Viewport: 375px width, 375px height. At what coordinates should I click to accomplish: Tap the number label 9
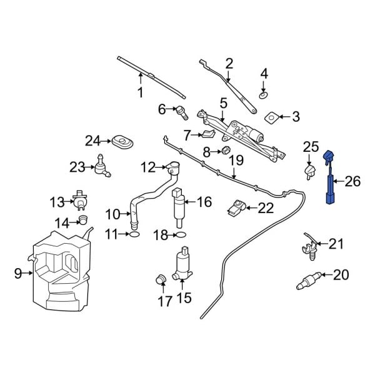18,272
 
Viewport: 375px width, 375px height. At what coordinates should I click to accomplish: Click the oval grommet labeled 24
122,140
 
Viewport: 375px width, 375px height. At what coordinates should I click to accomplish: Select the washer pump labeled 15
184,264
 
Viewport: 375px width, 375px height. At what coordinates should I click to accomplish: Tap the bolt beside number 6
182,113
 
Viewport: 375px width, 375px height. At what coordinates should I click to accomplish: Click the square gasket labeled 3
272,117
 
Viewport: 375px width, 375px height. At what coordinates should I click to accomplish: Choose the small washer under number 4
263,96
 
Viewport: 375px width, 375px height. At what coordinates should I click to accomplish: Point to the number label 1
141,93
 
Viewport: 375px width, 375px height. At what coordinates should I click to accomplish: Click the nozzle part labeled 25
309,172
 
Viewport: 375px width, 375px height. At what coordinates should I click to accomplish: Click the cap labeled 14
82,220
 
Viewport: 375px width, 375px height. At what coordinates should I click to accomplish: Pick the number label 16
204,202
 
